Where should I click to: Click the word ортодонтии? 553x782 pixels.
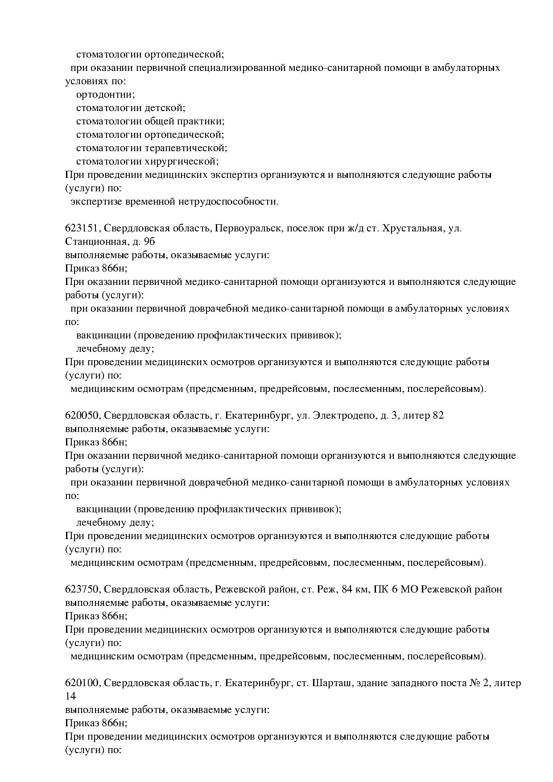[105, 95]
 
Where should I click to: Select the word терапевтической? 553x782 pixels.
[186, 148]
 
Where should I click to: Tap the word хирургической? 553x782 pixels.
[182, 162]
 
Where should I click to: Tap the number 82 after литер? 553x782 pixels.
[438, 416]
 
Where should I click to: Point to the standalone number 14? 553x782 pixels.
[70, 696]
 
